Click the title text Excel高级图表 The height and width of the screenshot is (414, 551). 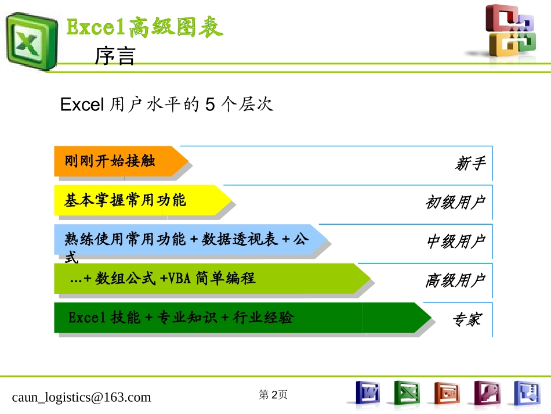pos(144,27)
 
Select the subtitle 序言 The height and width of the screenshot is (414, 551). pos(115,57)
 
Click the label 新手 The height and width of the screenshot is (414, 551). pos(470,164)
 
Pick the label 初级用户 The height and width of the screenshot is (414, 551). pos(455,203)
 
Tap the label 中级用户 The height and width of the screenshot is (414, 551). pos(455,242)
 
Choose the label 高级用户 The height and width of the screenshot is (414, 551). pos(455,280)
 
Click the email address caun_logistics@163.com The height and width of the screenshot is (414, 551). pos(81,397)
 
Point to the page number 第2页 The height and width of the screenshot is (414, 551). pos(273,395)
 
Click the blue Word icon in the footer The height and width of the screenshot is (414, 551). pos(367,393)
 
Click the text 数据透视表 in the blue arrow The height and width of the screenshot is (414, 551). pos(239,239)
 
